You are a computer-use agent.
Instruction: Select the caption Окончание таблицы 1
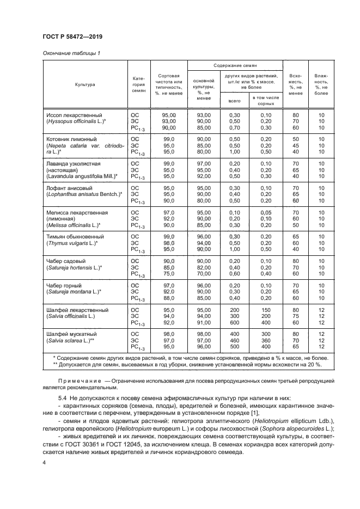pos(71,53)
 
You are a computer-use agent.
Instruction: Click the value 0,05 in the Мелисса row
pos(265,211)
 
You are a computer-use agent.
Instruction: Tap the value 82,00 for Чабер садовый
pos(204,268)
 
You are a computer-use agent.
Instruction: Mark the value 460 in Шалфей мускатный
pos(235,340)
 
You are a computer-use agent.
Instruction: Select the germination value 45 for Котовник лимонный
pos(296,146)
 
